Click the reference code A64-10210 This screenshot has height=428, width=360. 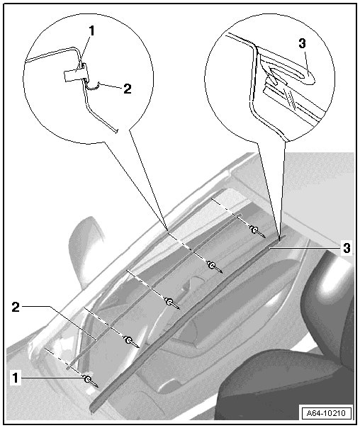click(326, 412)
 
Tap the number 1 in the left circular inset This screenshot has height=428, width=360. click(91, 31)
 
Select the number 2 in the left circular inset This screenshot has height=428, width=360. click(127, 89)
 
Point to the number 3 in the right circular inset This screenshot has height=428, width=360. click(302, 44)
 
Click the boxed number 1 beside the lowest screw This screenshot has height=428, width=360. click(16, 378)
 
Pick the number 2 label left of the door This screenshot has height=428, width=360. click(16, 307)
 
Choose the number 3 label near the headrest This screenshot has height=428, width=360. click(347, 248)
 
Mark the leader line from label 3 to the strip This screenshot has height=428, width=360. click(305, 248)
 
